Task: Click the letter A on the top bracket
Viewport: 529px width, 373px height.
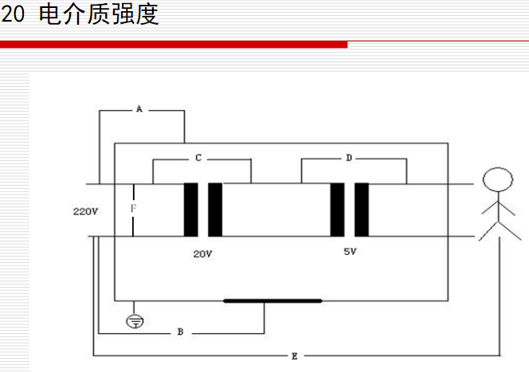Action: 139,108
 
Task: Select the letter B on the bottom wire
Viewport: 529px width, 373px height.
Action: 180,332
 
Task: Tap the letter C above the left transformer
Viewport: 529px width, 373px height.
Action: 198,158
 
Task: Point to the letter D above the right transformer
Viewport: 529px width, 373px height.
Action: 349,158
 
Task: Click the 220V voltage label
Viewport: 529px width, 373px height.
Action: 84,211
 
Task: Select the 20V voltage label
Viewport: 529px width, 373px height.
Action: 203,254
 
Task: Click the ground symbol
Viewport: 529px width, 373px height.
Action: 136,321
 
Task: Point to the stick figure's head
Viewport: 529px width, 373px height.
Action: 497,179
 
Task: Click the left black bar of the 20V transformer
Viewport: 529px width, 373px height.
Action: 190,210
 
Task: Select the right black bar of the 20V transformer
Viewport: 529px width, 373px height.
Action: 215,210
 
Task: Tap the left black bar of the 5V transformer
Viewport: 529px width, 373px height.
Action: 337,210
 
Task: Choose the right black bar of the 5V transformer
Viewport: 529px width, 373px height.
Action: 362,210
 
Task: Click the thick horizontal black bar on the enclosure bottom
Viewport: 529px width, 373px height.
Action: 272,300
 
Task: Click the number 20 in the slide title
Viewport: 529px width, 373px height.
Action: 14,14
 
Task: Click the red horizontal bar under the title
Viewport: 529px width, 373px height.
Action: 174,45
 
